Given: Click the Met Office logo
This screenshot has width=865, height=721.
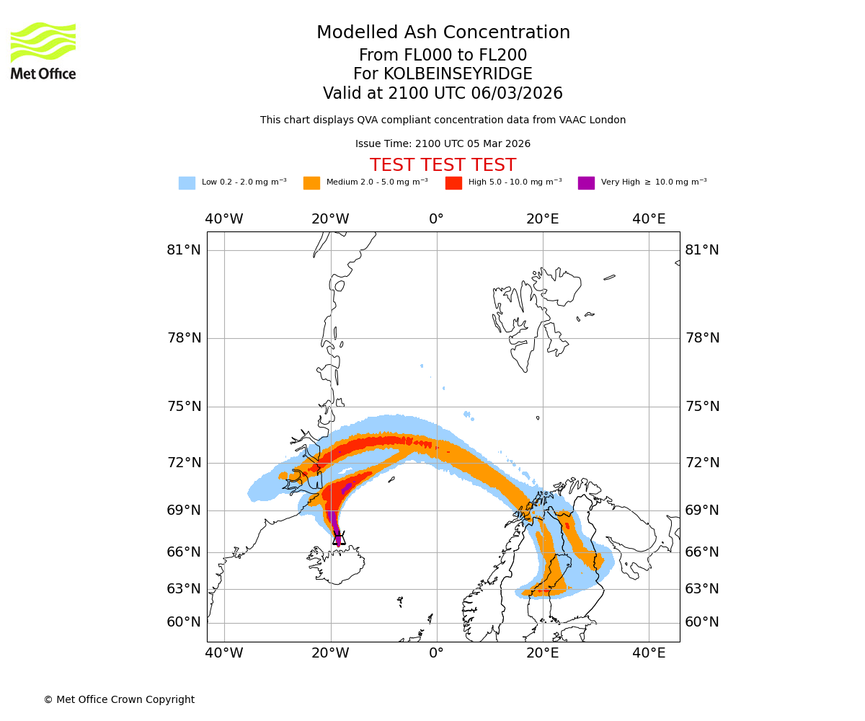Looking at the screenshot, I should pos(43,50).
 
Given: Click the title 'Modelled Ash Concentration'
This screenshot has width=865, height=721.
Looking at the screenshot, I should pos(443,32).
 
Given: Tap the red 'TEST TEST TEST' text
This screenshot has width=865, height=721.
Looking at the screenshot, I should pos(443,165).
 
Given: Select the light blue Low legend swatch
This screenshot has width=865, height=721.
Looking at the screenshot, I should pos(187,182).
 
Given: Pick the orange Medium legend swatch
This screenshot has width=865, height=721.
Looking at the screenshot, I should pos(311,182).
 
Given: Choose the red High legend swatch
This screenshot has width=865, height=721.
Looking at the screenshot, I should pos(453,182).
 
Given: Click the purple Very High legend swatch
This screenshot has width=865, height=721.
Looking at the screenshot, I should pos(586,182).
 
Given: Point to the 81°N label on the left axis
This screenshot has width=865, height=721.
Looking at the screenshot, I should pos(184,250).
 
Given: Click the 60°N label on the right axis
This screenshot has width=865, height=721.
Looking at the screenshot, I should pos(701,622).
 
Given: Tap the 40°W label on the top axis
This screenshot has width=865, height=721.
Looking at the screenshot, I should pos(224,219).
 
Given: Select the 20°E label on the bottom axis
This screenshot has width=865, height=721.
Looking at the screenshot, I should pos(543,653).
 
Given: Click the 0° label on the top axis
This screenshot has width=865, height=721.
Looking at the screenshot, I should pos(437,219).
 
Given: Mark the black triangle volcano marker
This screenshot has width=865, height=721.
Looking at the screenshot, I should pos(339,538).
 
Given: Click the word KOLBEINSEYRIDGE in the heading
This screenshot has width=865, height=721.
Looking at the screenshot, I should pos(458,74).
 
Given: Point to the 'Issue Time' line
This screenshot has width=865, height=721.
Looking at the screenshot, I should pos(443,144).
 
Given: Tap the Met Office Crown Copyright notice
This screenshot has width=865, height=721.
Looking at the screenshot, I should pos(119,699).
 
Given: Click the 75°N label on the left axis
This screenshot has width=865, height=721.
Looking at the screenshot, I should pos(184,407).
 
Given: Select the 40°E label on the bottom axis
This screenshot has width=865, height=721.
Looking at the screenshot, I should pos(649,653).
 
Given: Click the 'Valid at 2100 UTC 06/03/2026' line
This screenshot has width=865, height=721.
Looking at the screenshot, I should pos(443,94).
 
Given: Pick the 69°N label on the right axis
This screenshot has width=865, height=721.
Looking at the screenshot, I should pos(701,510).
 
